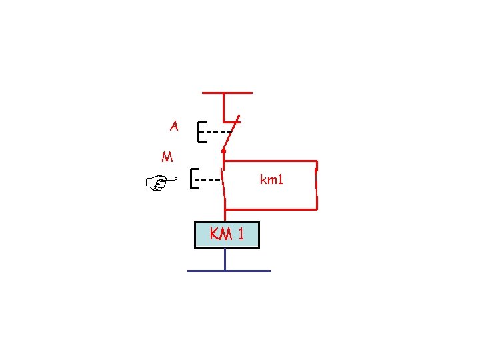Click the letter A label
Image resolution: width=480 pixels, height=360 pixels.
[174, 125]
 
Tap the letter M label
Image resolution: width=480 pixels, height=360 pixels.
[167, 158]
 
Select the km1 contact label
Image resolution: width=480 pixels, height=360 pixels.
[271, 179]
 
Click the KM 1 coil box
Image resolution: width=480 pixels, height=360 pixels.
[227, 235]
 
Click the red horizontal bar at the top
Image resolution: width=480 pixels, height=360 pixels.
[227, 93]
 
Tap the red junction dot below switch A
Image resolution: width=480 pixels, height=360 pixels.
[224, 152]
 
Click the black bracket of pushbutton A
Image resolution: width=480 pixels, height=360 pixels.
[200, 132]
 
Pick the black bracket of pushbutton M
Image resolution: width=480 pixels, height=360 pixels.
[193, 179]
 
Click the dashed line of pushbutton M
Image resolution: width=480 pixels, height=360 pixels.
[209, 180]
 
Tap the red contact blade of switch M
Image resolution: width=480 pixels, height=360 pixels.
[224, 183]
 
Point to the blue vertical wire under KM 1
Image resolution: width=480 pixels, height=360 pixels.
[225, 259]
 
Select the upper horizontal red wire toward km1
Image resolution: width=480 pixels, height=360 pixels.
[270, 161]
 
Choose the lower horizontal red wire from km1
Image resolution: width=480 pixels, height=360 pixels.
[270, 209]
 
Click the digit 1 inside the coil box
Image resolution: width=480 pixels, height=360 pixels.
[240, 234]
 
